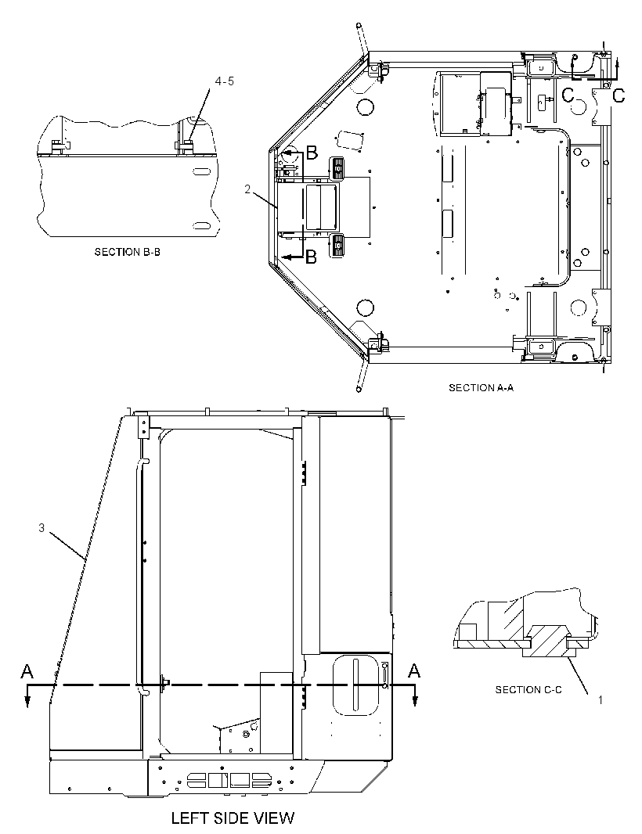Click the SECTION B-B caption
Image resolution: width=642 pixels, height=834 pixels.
coord(128,252)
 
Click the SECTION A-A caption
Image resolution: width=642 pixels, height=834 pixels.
coord(481,388)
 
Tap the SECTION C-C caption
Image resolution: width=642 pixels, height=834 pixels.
coord(528,690)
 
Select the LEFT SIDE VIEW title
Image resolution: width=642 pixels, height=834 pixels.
coord(233,818)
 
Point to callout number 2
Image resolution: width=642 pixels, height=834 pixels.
coord(247,189)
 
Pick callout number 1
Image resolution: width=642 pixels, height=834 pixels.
coord(601,700)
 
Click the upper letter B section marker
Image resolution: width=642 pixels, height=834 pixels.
coord(312,153)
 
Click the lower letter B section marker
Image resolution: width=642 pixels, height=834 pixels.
coord(312,257)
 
